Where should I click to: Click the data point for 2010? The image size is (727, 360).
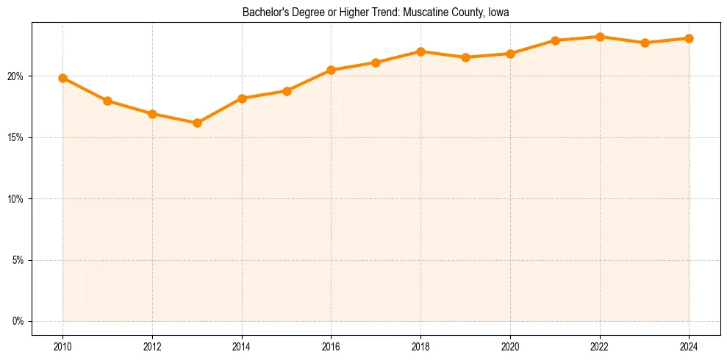pyautogui.click(x=62, y=78)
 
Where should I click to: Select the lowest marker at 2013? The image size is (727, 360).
pyautogui.click(x=197, y=123)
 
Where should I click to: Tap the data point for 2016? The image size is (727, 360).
pyautogui.click(x=331, y=70)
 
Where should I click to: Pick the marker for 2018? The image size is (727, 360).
pyautogui.click(x=420, y=51)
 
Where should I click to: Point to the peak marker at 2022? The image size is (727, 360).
pyautogui.click(x=600, y=37)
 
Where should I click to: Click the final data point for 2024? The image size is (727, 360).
pyautogui.click(x=690, y=38)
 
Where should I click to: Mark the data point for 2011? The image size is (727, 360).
pyautogui.click(x=107, y=101)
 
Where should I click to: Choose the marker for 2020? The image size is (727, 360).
pyautogui.click(x=510, y=54)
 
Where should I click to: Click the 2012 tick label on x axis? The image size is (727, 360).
pyautogui.click(x=152, y=345)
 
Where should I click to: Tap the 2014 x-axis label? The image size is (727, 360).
pyautogui.click(x=242, y=345)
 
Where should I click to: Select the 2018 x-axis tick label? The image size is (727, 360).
pyautogui.click(x=420, y=345)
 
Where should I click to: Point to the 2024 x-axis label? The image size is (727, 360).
pyautogui.click(x=690, y=345)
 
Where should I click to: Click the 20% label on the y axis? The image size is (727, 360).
pyautogui.click(x=16, y=76)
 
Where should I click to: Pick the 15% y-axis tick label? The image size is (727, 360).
pyautogui.click(x=16, y=137)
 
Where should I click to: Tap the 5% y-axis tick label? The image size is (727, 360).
pyautogui.click(x=18, y=260)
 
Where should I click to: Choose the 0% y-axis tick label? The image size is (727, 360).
pyautogui.click(x=18, y=321)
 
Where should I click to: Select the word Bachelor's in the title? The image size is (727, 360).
pyautogui.click(x=263, y=12)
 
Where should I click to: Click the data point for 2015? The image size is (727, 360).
pyautogui.click(x=287, y=91)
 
